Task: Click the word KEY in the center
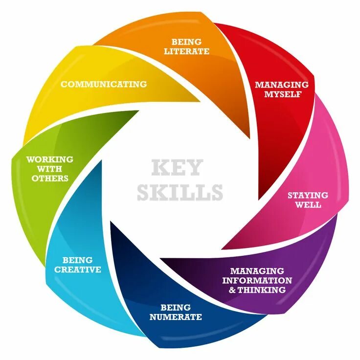pos(176,168)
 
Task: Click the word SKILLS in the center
pos(180,192)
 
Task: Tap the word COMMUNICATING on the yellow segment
pos(104,84)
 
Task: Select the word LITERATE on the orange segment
pos(187,51)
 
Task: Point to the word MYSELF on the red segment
pos(281,94)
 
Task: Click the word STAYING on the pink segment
pos(308,195)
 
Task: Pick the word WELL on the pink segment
pos(308,205)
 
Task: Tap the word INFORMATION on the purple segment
pos(257,280)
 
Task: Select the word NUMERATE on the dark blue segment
pos(175,317)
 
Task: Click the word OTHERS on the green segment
pos(50,179)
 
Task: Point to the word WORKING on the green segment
pos(50,159)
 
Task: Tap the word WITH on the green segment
pos(50,169)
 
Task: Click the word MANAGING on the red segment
pos(281,85)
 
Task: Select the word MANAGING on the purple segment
pos(257,270)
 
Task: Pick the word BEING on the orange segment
pos(187,42)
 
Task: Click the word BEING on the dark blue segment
pos(175,308)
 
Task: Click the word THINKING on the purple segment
pos(262,290)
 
